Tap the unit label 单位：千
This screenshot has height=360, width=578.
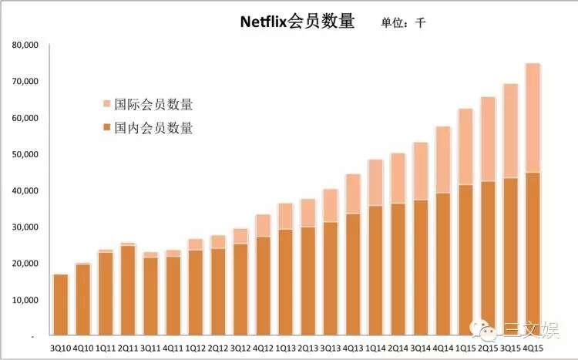click(402, 23)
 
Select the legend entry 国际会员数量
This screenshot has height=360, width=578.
click(153, 105)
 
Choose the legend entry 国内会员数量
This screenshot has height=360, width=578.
click(153, 128)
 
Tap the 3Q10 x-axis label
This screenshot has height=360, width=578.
click(60, 348)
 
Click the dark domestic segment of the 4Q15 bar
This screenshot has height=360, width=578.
click(532, 254)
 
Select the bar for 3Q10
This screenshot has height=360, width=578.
click(60, 305)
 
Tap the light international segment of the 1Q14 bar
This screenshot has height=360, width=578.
click(375, 183)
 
